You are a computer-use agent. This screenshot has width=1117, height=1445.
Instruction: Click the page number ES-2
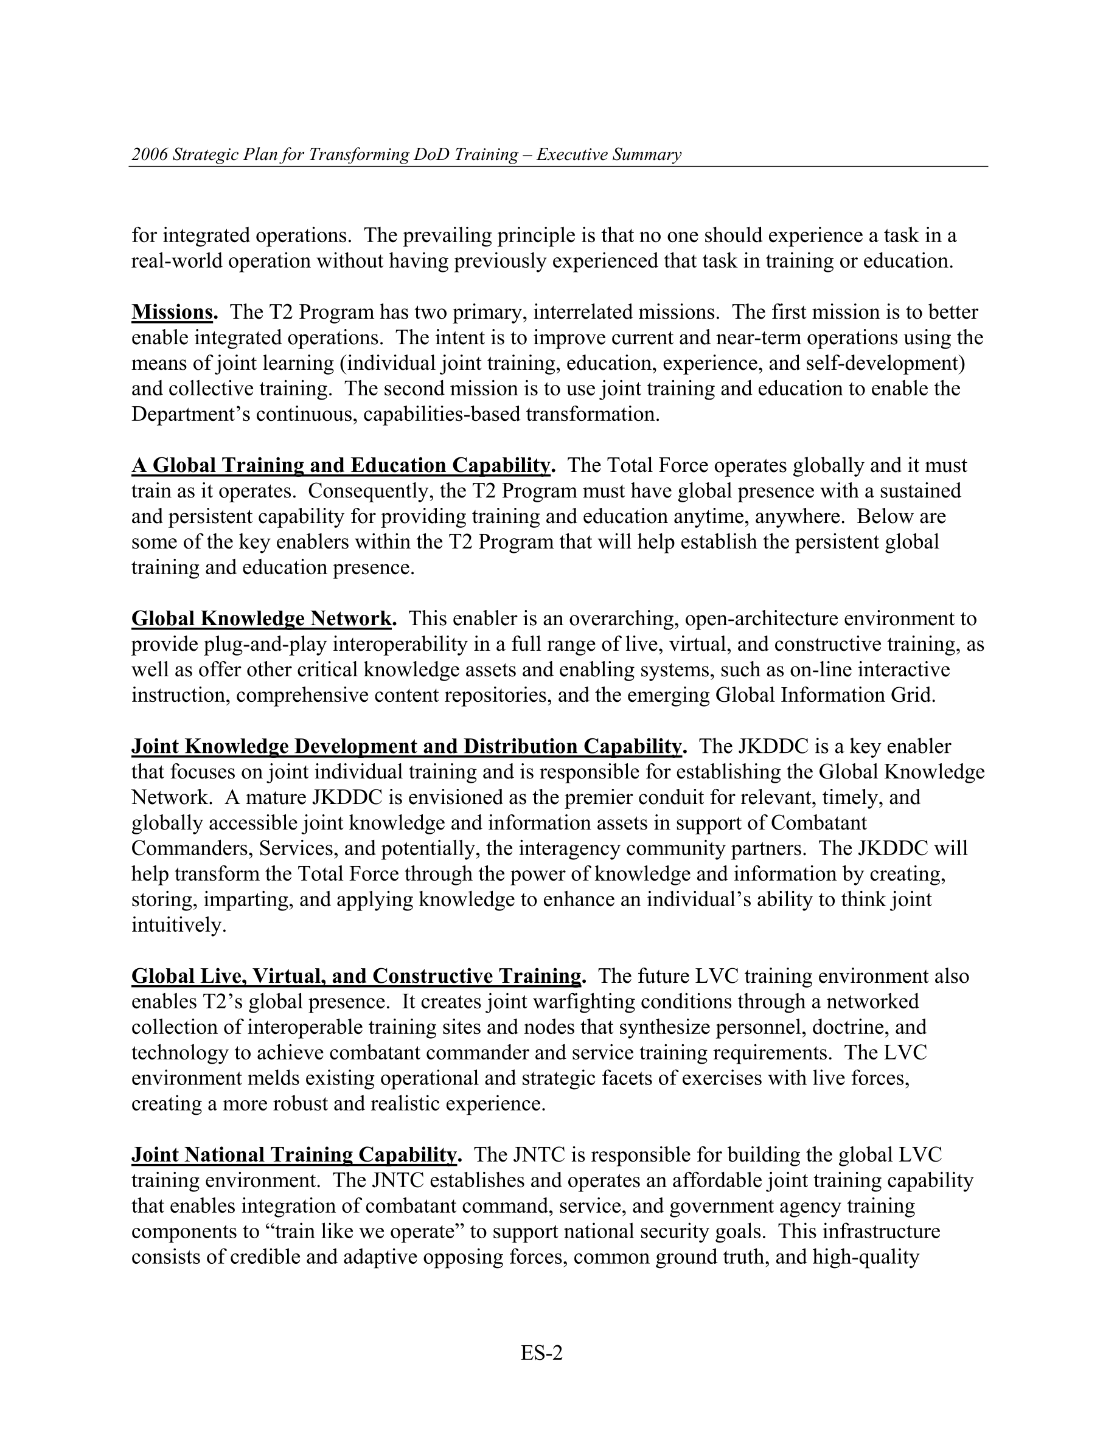coord(541,1354)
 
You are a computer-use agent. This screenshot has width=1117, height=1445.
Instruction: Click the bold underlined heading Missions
coord(174,311)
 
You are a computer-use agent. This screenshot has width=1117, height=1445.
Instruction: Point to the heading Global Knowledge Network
coord(263,619)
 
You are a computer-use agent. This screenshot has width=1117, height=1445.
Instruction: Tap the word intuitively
coord(179,925)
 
